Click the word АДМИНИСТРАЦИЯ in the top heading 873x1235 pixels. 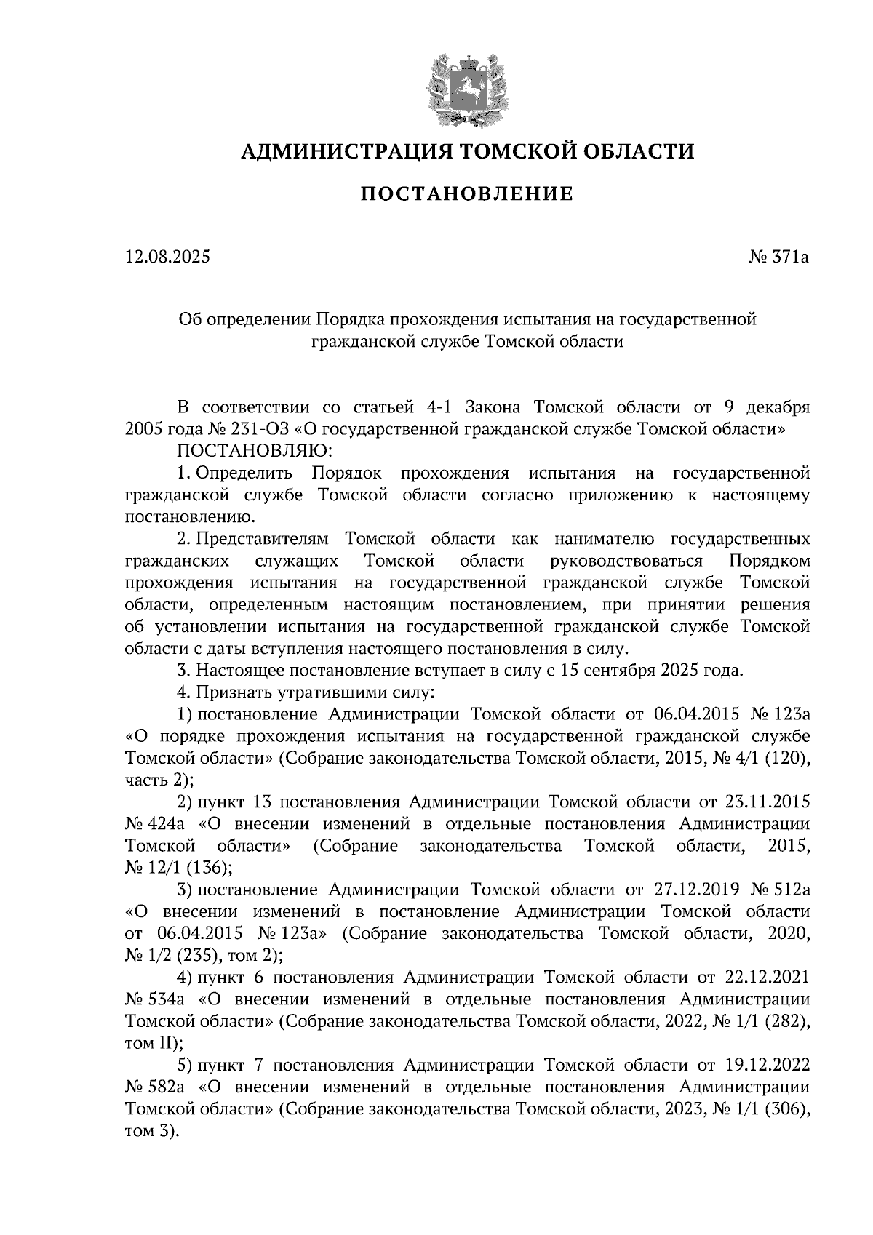click(340, 151)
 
